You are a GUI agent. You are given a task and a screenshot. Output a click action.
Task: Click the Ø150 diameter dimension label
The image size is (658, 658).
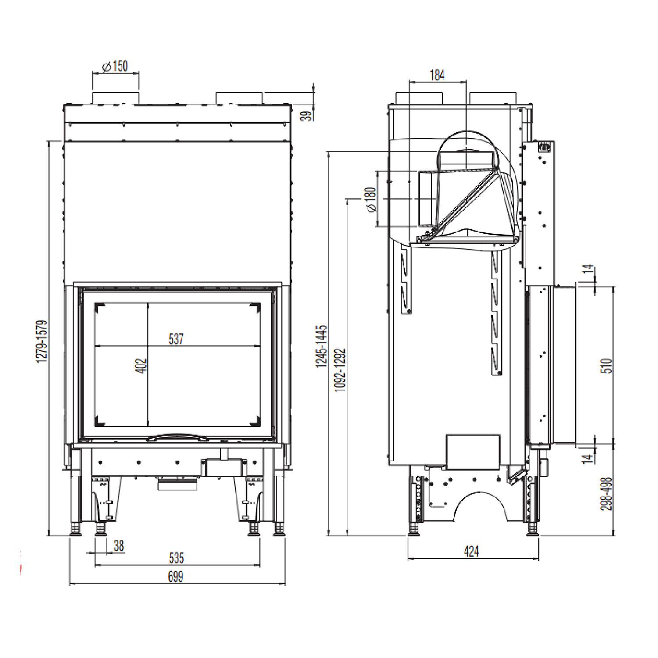click(115, 66)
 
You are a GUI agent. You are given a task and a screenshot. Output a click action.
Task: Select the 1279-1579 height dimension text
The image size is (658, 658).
click(42, 341)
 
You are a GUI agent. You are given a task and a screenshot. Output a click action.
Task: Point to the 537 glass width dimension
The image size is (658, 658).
click(176, 339)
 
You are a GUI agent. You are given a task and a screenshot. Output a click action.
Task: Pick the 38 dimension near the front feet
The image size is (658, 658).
click(119, 546)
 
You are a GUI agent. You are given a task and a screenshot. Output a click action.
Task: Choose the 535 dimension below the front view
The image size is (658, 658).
click(176, 558)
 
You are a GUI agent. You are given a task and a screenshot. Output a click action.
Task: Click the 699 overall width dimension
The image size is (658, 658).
click(175, 576)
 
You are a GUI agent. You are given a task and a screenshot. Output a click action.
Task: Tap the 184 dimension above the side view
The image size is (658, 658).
click(437, 75)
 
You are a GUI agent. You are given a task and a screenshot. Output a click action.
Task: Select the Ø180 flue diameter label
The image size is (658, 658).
click(371, 200)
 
